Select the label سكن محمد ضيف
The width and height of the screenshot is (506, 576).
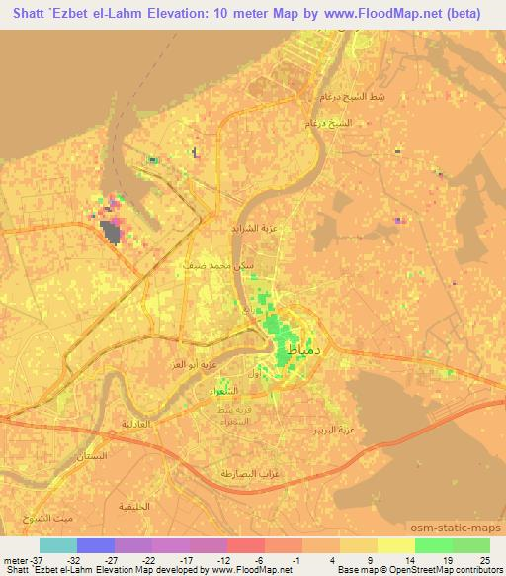tap(208, 265)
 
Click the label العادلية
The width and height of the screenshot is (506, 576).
tap(137, 423)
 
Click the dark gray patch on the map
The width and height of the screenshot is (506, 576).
tap(111, 233)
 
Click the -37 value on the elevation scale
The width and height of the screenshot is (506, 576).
tap(17, 561)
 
